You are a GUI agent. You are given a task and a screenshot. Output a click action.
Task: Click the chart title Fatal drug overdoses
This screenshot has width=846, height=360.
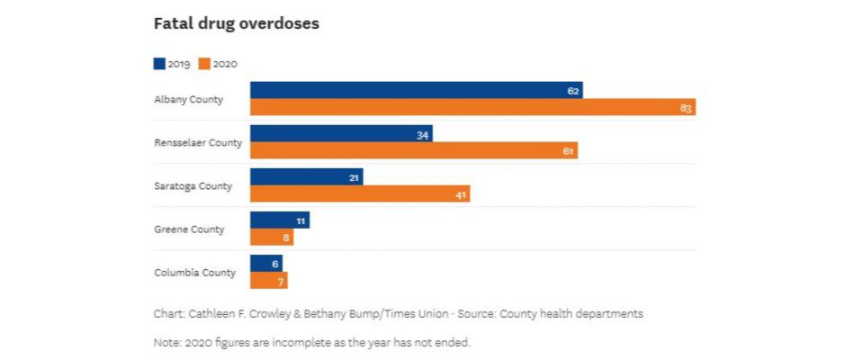tap(237, 24)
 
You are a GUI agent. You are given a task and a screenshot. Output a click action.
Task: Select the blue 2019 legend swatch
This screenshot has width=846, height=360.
tap(159, 64)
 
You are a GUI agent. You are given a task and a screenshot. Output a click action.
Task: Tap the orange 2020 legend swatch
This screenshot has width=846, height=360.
tap(204, 64)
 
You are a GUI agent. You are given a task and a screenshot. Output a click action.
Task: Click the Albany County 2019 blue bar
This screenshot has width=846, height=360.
tap(416, 90)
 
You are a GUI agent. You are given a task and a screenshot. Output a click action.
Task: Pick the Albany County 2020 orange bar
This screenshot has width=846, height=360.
tap(472, 107)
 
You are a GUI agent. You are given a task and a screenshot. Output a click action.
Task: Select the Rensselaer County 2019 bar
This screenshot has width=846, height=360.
tap(341, 134)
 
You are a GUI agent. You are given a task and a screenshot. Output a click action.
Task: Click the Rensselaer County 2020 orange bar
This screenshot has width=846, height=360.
tap(413, 150)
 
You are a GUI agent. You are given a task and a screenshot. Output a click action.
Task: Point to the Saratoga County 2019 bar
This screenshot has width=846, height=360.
tap(306, 177)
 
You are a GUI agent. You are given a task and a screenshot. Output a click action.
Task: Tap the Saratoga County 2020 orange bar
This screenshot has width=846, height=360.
tap(360, 193)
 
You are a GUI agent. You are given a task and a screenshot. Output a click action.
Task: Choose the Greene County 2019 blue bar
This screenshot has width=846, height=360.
tap(279, 220)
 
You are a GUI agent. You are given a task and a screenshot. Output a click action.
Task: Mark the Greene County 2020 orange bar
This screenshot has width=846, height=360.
tap(271, 237)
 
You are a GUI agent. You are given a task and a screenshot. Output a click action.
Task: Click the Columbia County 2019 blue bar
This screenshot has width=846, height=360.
tap(265, 264)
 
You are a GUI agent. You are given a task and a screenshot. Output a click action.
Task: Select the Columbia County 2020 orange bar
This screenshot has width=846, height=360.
tap(268, 280)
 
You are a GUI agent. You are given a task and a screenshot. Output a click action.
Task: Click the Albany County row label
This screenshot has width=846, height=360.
tap(189, 99)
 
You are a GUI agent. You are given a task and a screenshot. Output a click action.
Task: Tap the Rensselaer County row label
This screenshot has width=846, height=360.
tap(198, 142)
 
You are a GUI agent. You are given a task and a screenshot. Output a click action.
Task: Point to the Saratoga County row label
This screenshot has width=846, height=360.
tap(193, 185)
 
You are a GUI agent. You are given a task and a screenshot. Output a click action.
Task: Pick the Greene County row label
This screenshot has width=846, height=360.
tap(189, 229)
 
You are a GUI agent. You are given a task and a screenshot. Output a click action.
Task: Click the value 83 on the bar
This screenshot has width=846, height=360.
tap(686, 108)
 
